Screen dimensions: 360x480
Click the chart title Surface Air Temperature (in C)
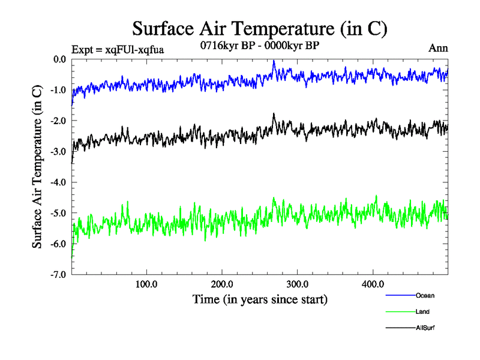pyautogui.click(x=260, y=28)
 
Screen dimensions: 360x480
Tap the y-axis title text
pyautogui.click(x=37, y=167)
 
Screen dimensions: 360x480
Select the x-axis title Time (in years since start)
pyautogui.click(x=260, y=298)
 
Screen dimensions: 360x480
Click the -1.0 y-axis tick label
pyautogui.click(x=58, y=90)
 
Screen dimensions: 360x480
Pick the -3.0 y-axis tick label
pyautogui.click(x=58, y=151)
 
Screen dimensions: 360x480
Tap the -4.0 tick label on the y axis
pyautogui.click(x=58, y=182)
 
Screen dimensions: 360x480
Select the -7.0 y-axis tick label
pyautogui.click(x=58, y=274)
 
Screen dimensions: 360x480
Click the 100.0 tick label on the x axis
pyautogui.click(x=146, y=284)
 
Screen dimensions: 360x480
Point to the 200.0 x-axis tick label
pyautogui.click(x=222, y=284)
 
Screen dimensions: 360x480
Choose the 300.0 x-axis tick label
pyautogui.click(x=298, y=284)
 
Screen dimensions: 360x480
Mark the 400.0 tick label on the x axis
pyautogui.click(x=373, y=284)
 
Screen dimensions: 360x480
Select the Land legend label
pyautogui.click(x=422, y=311)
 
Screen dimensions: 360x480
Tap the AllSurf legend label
pyautogui.click(x=425, y=328)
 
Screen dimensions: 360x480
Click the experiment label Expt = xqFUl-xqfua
pyautogui.click(x=118, y=49)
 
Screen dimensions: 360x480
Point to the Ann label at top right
pyautogui.click(x=438, y=48)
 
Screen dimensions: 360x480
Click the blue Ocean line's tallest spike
pyautogui.click(x=274, y=61)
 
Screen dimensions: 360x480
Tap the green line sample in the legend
pyautogui.click(x=399, y=311)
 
